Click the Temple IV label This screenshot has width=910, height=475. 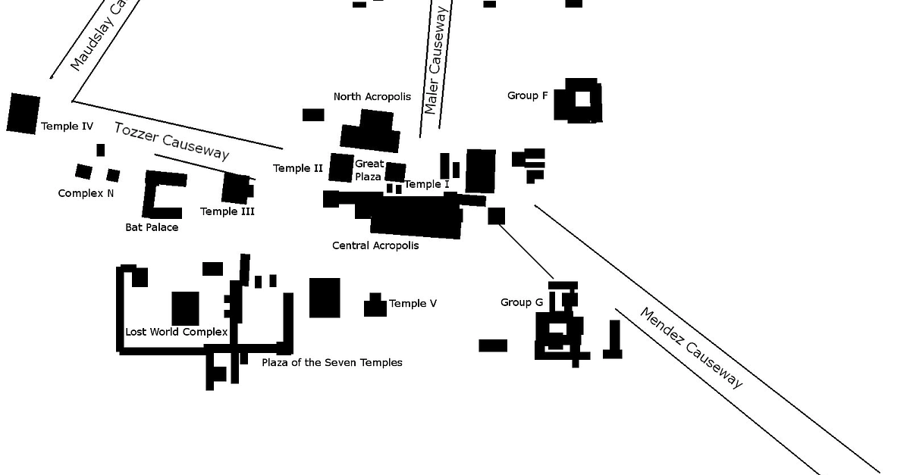[x=67, y=127]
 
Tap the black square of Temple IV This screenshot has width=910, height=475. [x=24, y=114]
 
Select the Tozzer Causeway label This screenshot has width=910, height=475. [x=171, y=140]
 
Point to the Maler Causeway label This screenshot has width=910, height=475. [x=438, y=61]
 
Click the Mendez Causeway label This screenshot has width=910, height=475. [x=691, y=347]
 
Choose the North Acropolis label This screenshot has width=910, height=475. [x=372, y=96]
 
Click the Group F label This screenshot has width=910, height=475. [x=527, y=95]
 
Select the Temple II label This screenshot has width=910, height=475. [x=298, y=168]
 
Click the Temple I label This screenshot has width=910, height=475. [x=427, y=184]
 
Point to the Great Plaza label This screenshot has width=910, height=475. [x=369, y=170]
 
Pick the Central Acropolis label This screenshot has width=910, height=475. [x=375, y=245]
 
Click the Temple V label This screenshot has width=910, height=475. [x=413, y=304]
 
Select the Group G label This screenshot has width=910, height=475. [x=522, y=302]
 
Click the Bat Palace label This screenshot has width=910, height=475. [x=152, y=227]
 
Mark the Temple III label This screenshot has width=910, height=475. [x=227, y=211]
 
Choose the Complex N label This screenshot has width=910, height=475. [x=86, y=193]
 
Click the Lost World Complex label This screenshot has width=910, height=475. [x=176, y=332]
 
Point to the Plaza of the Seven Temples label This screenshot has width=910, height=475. [x=332, y=362]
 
